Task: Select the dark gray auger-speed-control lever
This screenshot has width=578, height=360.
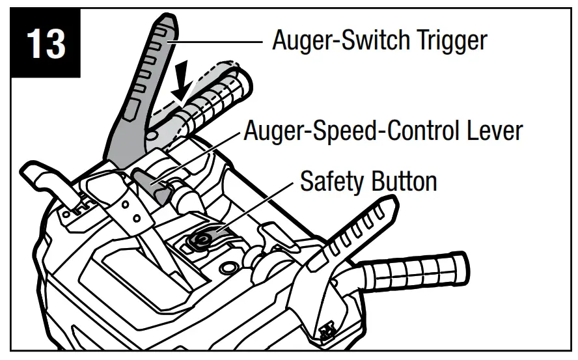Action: (x=150, y=182)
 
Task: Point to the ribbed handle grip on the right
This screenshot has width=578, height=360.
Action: (x=423, y=267)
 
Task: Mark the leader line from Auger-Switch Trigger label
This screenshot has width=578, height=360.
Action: (x=215, y=42)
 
